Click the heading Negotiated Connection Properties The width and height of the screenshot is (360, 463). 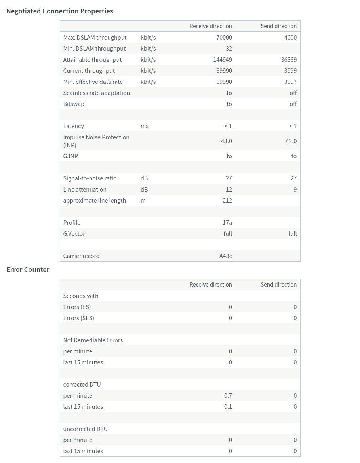point(60,11)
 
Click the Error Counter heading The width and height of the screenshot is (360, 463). point(28,269)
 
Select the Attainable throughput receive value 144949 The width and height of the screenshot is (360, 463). point(223,60)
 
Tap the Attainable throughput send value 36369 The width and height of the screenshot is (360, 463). point(289,60)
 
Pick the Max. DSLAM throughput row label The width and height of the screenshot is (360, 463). point(95,38)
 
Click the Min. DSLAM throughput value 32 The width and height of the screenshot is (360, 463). point(229,49)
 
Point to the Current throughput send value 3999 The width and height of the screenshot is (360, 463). point(290,71)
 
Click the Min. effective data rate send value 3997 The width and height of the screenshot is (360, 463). point(290,82)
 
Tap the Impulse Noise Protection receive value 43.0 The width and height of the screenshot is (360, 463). point(227,141)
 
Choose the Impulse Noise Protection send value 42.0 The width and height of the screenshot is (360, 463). point(291,141)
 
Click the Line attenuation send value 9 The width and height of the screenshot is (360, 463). point(295,190)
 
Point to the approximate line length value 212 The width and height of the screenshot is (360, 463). point(227,201)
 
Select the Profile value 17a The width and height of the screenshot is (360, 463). point(227,223)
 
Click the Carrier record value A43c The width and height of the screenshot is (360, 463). point(226,256)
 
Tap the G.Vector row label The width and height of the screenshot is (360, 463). point(74,234)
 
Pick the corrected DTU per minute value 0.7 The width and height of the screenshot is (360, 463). point(228,396)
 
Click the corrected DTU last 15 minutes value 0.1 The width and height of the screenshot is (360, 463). point(228,407)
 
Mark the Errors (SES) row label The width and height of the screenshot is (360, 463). point(79,318)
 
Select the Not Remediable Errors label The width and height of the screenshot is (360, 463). point(93,340)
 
